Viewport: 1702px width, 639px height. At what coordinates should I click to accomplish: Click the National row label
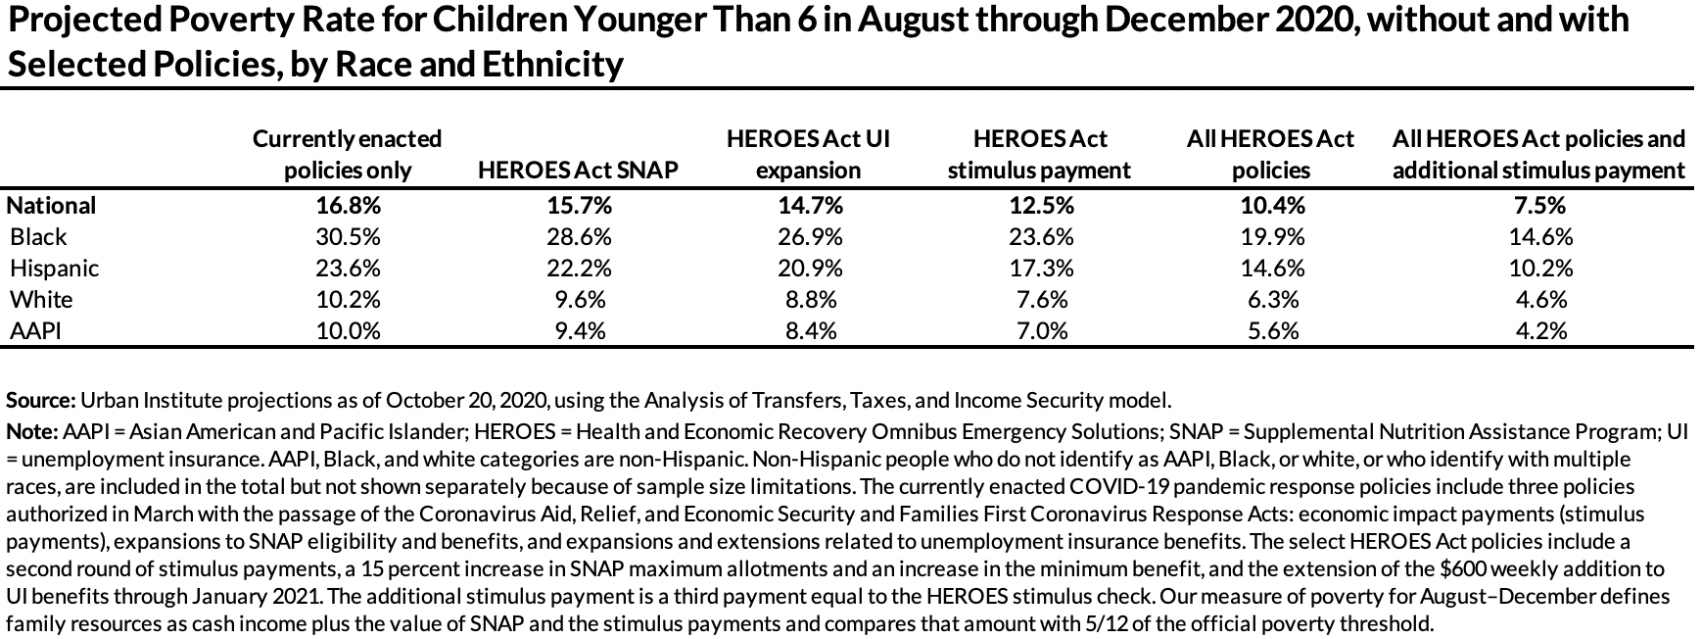click(x=51, y=206)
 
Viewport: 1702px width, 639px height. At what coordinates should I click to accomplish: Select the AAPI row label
click(x=35, y=331)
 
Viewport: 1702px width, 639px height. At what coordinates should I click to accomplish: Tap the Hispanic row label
click(x=54, y=269)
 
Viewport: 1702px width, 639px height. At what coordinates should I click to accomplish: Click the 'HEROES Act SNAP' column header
click(x=578, y=171)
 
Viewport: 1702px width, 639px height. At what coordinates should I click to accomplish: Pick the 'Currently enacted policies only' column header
click(x=347, y=155)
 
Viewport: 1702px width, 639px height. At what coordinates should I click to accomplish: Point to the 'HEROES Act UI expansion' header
click(x=808, y=155)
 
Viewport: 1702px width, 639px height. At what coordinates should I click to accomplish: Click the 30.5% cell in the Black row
click(x=348, y=237)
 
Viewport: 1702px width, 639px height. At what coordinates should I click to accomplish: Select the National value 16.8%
click(x=348, y=206)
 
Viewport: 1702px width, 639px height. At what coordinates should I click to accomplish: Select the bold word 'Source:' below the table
click(x=40, y=401)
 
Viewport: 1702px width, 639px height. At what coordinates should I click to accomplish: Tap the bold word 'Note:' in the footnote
click(x=32, y=432)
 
